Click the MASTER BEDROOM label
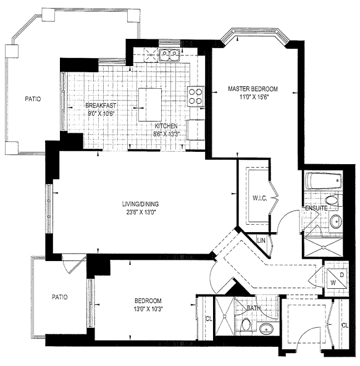coord(253,89)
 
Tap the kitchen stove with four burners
coord(196,96)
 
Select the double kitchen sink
coord(169,54)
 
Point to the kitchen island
coord(150,104)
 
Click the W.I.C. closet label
coord(259,198)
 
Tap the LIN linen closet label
coord(261,240)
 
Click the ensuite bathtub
coord(324,181)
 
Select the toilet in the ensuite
coord(332,201)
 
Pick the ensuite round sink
coord(336,222)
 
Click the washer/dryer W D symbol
coord(337,278)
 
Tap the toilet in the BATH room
coord(245,325)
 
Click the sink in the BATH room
coord(266,329)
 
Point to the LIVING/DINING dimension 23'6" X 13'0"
coord(140,212)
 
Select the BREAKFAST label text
coord(101,106)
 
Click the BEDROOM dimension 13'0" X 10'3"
coord(148,309)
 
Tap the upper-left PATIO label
coord(33,99)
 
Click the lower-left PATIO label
coord(60,297)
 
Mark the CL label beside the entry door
coord(345,325)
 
